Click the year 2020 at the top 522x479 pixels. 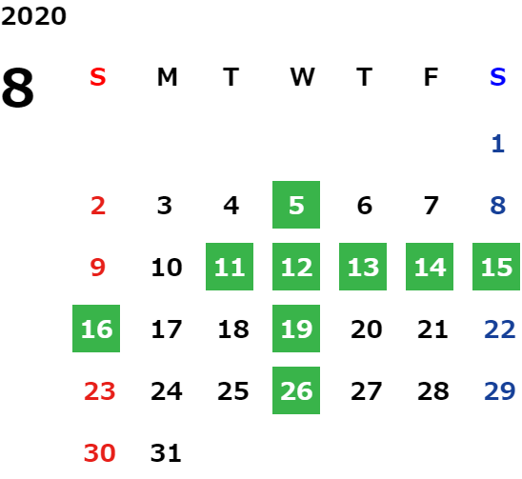point(33,16)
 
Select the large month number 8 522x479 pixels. point(18,88)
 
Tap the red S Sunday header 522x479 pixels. point(98,77)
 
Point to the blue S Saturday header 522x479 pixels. point(497,77)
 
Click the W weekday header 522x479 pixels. point(302,77)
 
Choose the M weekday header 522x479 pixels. point(167,77)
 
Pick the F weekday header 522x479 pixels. point(431,77)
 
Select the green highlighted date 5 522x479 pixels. point(296,205)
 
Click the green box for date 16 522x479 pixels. point(96,329)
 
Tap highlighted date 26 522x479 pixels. point(296,390)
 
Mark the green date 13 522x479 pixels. point(363,267)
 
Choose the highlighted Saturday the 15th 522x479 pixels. point(496,267)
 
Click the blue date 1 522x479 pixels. point(498,144)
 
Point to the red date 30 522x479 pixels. point(99,453)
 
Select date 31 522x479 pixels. point(166,453)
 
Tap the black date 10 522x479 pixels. point(167,267)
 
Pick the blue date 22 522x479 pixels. point(500,329)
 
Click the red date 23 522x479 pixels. point(99,391)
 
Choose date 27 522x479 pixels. point(366,391)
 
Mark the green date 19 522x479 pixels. point(296,329)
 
